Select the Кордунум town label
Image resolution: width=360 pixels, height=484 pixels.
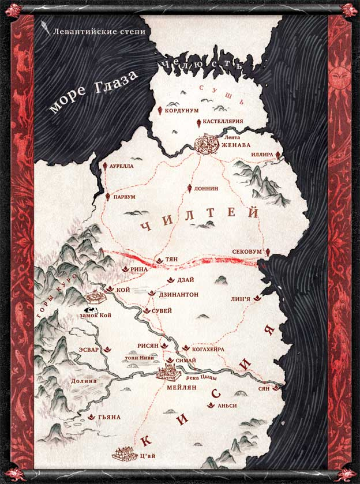[x=182, y=110]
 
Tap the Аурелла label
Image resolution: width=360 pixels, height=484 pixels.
[x=121, y=166]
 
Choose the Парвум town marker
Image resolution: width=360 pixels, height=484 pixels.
[x=107, y=196]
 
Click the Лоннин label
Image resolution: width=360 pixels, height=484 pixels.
[x=207, y=188]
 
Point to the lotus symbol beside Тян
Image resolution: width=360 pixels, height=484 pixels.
[x=159, y=261]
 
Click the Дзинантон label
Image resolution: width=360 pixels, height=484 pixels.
[x=178, y=294]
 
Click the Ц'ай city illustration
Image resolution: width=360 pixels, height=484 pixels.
[x=126, y=453]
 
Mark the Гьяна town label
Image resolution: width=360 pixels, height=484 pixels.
[x=110, y=417]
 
